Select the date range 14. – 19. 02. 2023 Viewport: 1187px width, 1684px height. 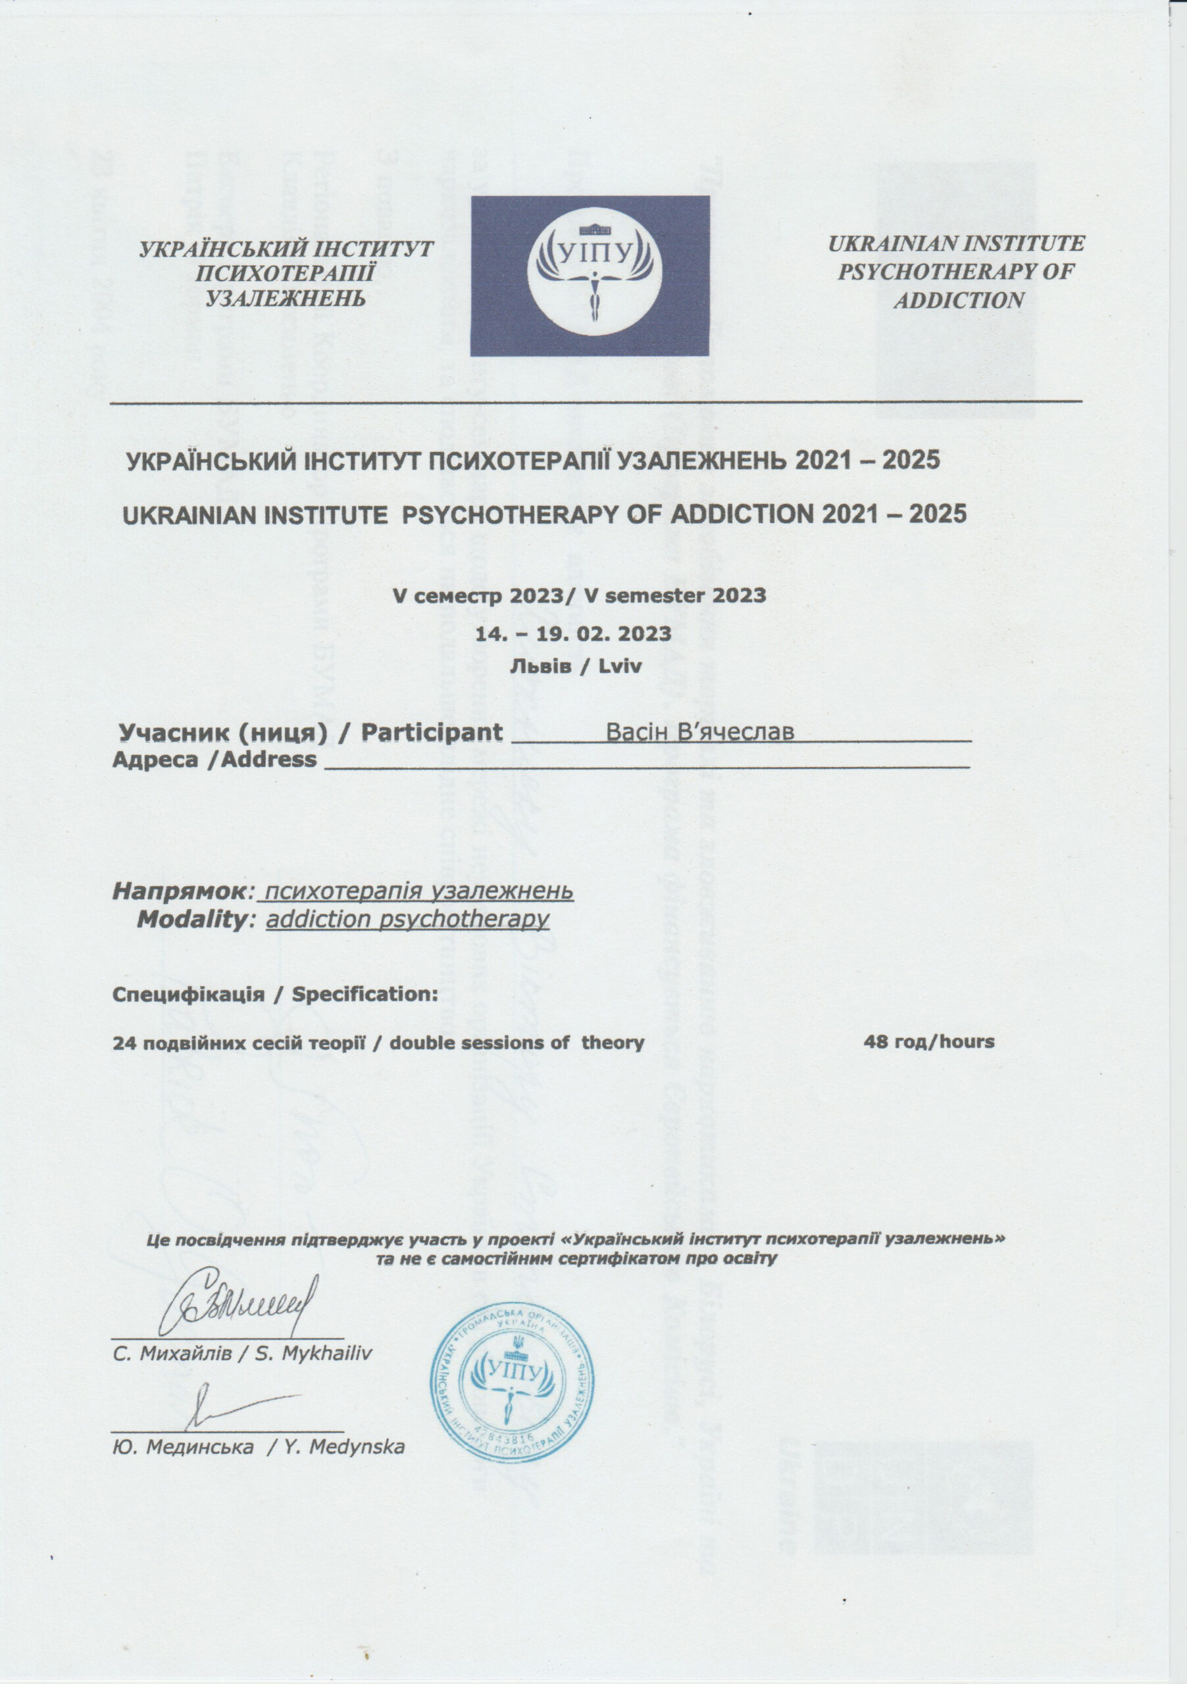point(574,633)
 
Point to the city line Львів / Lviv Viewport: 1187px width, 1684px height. point(575,667)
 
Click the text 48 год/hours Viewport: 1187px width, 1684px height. point(929,1041)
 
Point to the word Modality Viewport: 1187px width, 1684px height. point(191,919)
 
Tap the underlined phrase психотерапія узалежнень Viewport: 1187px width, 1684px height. point(419,891)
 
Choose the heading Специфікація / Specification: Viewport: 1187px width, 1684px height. point(275,995)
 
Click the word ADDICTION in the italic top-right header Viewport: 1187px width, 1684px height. point(958,300)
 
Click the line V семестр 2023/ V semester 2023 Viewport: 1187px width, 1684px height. point(580,595)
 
